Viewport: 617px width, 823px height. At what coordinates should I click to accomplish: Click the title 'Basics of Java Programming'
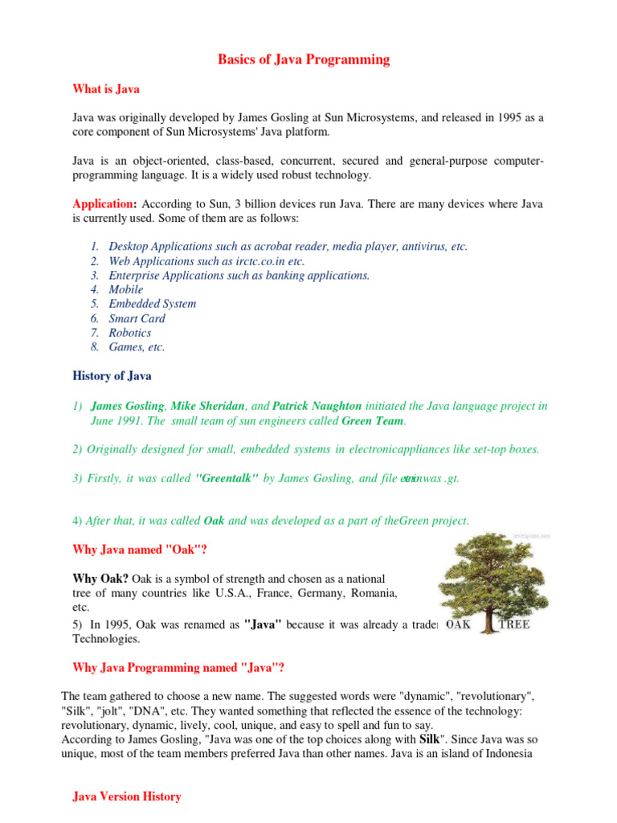(304, 59)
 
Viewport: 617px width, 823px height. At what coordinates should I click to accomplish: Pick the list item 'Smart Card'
(137, 318)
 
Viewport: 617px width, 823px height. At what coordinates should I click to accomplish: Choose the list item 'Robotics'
(130, 333)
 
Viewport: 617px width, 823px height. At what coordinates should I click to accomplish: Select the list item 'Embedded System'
(153, 304)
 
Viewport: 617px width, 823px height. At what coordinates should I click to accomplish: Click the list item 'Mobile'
(126, 289)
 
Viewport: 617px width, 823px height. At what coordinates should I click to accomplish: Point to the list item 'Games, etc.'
(137, 347)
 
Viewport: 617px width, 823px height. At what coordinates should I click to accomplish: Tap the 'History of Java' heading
(112, 376)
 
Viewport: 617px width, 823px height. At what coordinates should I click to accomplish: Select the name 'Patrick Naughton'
(317, 406)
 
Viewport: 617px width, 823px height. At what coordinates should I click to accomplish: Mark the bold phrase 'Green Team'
(374, 420)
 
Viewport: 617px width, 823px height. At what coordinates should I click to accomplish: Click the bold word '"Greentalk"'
(227, 478)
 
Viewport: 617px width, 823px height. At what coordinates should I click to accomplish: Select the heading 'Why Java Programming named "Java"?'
(178, 667)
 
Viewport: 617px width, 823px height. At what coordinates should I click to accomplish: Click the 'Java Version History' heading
(127, 796)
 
